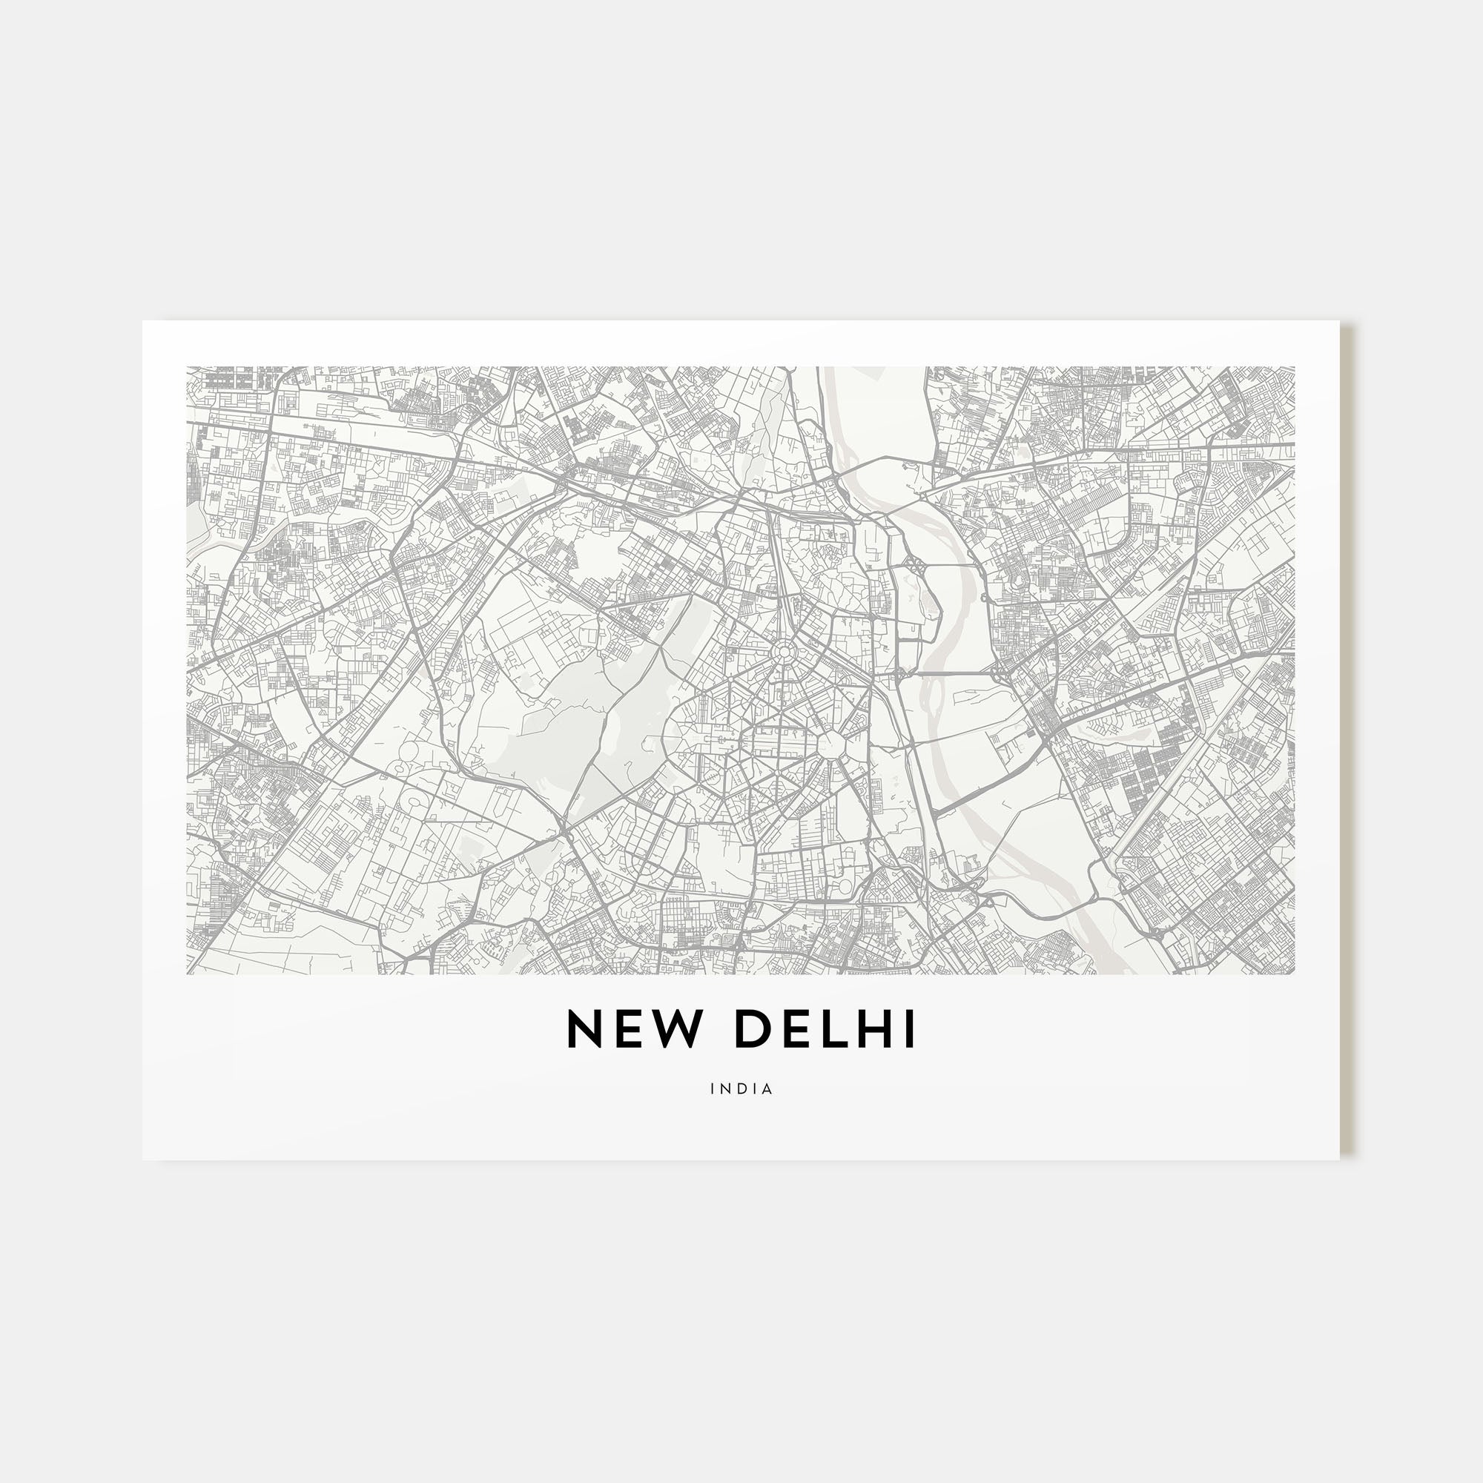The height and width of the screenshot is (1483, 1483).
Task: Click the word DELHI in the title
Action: pos(825,1029)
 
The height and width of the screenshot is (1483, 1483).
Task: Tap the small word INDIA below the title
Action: pos(741,1089)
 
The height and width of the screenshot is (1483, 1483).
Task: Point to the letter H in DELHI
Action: pos(874,1029)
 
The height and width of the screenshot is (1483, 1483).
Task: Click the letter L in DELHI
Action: pos(836,1029)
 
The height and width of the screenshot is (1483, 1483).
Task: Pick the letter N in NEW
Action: pos(583,1029)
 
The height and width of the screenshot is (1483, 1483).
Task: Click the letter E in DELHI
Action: pos(797,1029)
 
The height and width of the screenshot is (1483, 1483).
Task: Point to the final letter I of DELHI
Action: pos(910,1029)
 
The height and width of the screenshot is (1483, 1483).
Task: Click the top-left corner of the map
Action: pos(188,367)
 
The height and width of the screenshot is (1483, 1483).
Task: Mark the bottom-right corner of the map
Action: pos(1295,974)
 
